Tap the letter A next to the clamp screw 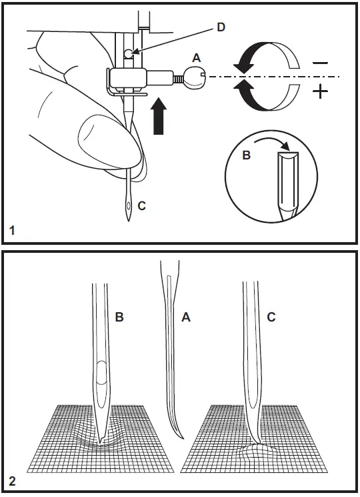click(197, 57)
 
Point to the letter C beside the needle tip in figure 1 click(141, 207)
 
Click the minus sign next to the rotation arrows click(321, 63)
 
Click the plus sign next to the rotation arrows click(321, 91)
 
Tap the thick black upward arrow click(159, 117)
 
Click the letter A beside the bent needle click(186, 318)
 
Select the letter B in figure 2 click(119, 318)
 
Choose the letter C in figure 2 click(271, 318)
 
